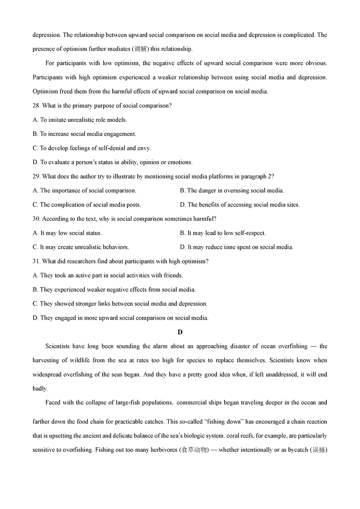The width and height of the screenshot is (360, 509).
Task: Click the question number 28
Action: [36, 106]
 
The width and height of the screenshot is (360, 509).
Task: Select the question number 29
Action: [36, 176]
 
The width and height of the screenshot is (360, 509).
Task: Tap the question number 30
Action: [36, 219]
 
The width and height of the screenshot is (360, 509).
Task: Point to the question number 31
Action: [36, 261]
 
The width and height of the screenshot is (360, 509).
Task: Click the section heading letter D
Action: [180, 332]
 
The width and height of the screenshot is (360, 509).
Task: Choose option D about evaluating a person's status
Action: [112, 162]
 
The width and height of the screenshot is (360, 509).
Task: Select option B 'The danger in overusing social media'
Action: [232, 190]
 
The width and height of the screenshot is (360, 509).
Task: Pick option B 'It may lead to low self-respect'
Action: [223, 233]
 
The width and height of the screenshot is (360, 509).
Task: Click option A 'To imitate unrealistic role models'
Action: [80, 120]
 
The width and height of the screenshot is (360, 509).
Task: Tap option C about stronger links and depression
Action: [120, 303]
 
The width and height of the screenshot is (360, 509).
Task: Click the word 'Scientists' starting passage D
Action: [59, 346]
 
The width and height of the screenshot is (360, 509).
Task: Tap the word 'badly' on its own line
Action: [40, 388]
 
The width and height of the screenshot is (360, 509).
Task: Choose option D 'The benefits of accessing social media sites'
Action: [240, 204]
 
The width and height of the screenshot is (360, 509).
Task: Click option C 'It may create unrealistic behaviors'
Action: [81, 247]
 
